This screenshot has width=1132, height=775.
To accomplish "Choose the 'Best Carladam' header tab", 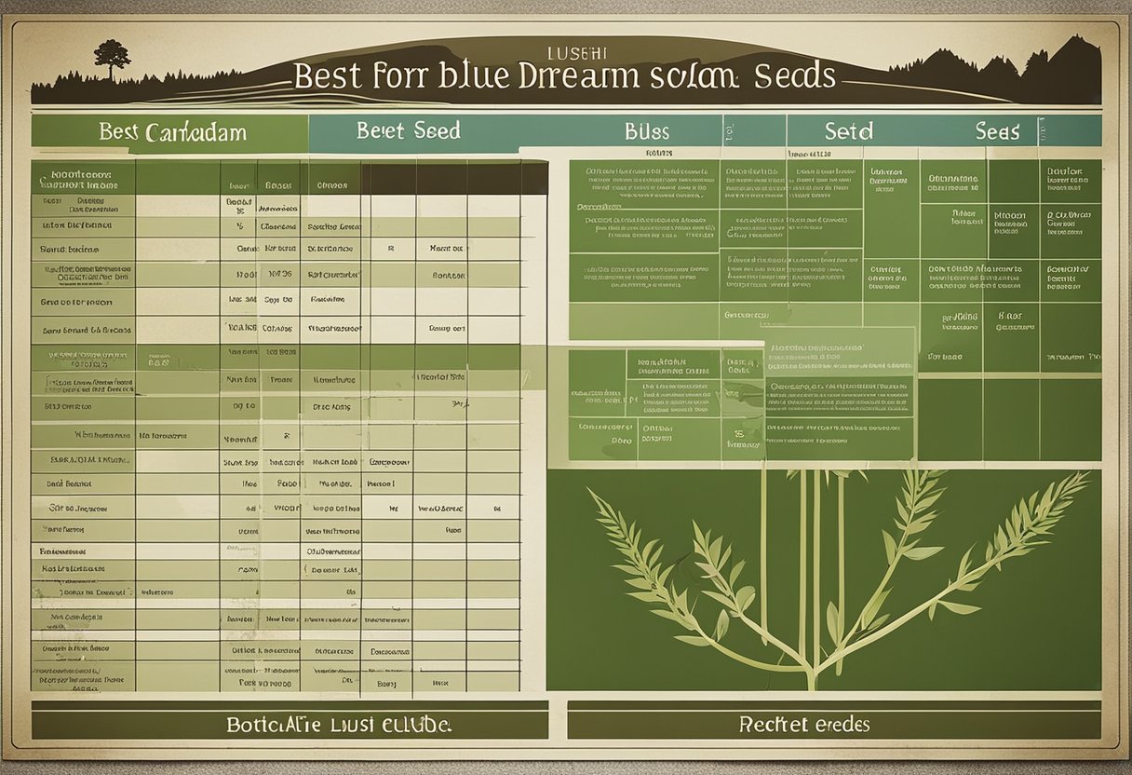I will coord(172,131).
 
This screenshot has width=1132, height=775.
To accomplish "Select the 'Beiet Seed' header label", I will coord(408,130).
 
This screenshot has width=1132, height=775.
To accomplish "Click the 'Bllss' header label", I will coord(647,131).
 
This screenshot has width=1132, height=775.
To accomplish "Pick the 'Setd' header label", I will coord(848,131).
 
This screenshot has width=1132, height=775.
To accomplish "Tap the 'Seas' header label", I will coord(997,131).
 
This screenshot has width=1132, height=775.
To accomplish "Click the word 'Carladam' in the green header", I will coord(195,131).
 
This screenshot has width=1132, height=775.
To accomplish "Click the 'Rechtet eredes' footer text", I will coord(804,724).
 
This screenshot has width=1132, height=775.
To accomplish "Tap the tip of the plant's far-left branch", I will coord(590,492).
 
